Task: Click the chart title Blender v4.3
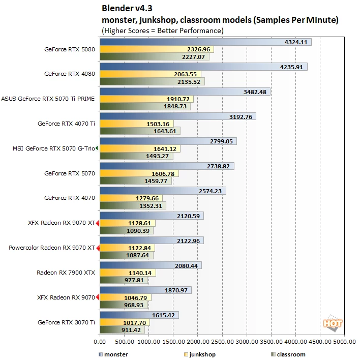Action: point(127,8)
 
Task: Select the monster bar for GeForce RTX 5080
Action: point(206,42)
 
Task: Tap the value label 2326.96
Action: point(198,49)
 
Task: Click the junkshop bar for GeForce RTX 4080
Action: point(151,74)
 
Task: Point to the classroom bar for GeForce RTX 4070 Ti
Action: point(140,131)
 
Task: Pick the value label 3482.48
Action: point(255,92)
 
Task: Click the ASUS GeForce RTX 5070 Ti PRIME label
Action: point(48,99)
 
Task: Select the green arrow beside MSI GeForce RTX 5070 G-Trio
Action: point(97,148)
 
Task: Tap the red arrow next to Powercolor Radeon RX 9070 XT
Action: point(98,248)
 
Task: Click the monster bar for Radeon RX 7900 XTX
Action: point(151,265)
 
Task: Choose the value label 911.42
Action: point(131,330)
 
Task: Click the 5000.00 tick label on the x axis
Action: point(344,342)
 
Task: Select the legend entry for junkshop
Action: point(200,354)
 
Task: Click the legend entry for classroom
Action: point(288,354)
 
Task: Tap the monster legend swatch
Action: point(101,354)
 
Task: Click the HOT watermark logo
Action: point(333,323)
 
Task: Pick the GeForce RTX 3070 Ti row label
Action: point(66,322)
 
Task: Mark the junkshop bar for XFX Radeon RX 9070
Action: point(126,297)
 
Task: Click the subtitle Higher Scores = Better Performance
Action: point(163,31)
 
